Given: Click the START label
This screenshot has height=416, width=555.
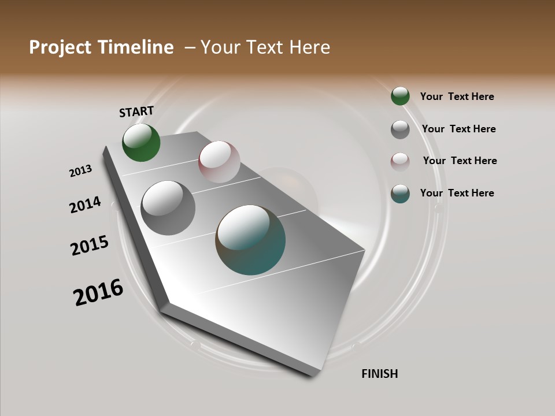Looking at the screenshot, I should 136,112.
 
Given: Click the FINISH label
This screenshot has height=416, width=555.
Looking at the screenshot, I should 380,374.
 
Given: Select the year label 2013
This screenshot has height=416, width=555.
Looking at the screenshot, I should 81,171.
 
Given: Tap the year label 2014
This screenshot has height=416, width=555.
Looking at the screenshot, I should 86,205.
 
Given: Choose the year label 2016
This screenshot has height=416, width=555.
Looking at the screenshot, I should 98,292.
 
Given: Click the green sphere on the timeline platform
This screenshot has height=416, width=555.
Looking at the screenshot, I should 141,143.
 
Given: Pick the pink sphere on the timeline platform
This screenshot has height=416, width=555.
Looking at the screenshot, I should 219,161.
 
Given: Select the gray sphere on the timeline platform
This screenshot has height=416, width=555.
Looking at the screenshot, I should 168,208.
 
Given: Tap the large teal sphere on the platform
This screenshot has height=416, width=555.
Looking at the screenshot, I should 250,240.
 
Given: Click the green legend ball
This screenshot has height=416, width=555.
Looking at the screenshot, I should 400,96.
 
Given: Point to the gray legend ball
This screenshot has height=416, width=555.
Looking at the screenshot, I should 400,129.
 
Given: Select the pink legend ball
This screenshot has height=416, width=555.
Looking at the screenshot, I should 400,161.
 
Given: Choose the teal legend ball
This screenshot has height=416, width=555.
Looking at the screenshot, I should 400,194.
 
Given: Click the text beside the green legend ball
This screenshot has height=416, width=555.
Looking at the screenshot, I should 457,96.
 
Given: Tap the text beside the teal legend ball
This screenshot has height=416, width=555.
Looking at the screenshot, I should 457,193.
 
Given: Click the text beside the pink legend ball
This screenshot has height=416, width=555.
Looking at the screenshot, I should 460,161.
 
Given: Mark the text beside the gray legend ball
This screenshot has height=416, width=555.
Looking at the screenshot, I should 458,129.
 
